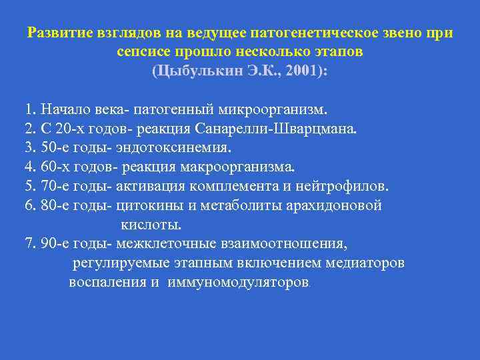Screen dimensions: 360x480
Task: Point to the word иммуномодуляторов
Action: coord(239,282)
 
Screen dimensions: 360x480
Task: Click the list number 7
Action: coord(28,243)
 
